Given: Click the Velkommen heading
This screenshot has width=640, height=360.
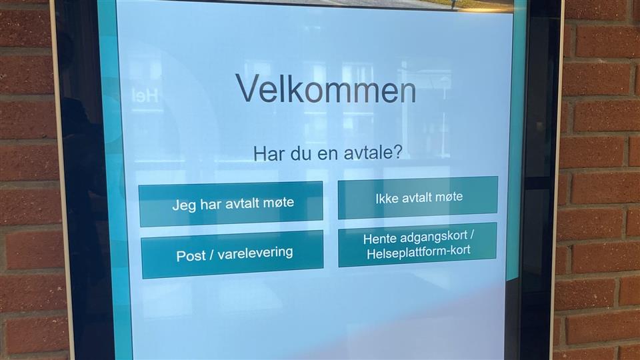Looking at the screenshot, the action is [326, 89].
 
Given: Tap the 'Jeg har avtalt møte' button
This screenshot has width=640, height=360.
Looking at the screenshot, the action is [231, 204].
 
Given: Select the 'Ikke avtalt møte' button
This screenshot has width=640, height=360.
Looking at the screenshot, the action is [418, 197].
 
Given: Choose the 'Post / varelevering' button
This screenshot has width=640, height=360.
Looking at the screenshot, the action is [233, 254].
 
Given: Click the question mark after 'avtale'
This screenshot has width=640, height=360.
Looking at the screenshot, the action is [397, 152].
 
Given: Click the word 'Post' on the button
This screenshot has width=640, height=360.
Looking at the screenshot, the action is [191, 256].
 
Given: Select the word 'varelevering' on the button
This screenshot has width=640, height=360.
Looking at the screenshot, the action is [255, 253].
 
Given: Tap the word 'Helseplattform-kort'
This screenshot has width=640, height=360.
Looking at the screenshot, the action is [419, 252].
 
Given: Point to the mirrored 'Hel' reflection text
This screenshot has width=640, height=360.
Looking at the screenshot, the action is [145, 95].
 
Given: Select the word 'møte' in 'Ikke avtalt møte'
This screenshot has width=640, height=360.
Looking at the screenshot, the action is [448, 197].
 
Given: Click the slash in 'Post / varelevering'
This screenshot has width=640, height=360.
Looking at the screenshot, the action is [211, 255].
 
